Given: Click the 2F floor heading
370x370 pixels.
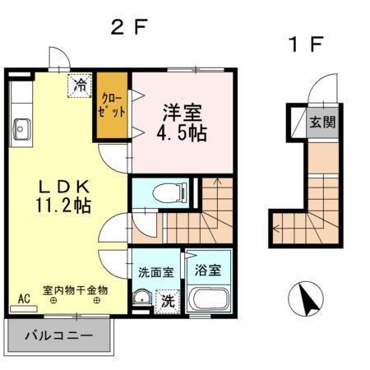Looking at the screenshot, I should pyautogui.click(x=128, y=26).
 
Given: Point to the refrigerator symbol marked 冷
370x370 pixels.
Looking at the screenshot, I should pyautogui.click(x=81, y=85).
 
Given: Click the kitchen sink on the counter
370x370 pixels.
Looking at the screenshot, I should pyautogui.click(x=20, y=128).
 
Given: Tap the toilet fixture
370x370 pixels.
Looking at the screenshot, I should pyautogui.click(x=167, y=192).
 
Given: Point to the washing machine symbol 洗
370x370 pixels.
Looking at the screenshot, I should pyautogui.click(x=167, y=301).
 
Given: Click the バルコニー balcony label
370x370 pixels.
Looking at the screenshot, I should pyautogui.click(x=58, y=335).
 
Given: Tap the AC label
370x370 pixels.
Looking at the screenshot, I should pyautogui.click(x=24, y=297).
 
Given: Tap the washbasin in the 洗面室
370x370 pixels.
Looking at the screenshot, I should pyautogui.click(x=142, y=298).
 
